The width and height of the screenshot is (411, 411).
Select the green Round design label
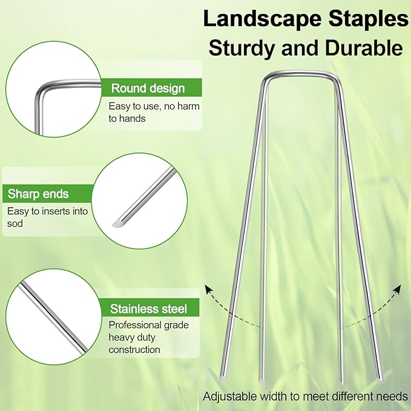pos(148,88)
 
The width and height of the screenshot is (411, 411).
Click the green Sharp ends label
pos(38,194)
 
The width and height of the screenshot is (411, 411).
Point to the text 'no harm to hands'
pos(154,113)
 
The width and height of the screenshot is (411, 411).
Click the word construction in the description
pos(134,349)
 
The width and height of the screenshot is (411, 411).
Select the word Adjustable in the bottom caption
pos(229,397)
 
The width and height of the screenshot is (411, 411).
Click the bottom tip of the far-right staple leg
pos(381,380)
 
